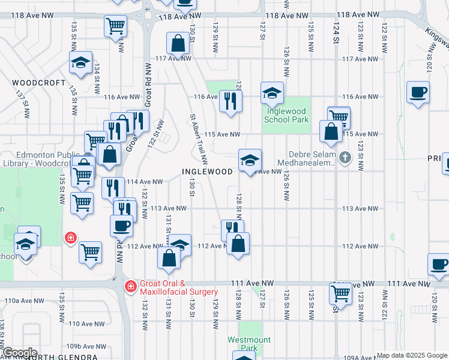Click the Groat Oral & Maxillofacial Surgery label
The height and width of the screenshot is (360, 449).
pyautogui.click(x=178, y=287)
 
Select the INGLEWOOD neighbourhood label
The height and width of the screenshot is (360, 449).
pyautogui.click(x=207, y=172)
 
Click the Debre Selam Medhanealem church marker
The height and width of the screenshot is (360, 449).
pyautogui.click(x=345, y=158)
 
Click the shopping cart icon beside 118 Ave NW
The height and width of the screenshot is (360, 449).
pyautogui.click(x=115, y=25)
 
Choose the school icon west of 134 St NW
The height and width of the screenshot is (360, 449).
pyautogui.click(x=79, y=62)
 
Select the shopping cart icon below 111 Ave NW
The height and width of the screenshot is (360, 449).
pyautogui.click(x=340, y=293)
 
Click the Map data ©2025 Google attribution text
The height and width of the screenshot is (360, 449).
pyautogui.click(x=411, y=355)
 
